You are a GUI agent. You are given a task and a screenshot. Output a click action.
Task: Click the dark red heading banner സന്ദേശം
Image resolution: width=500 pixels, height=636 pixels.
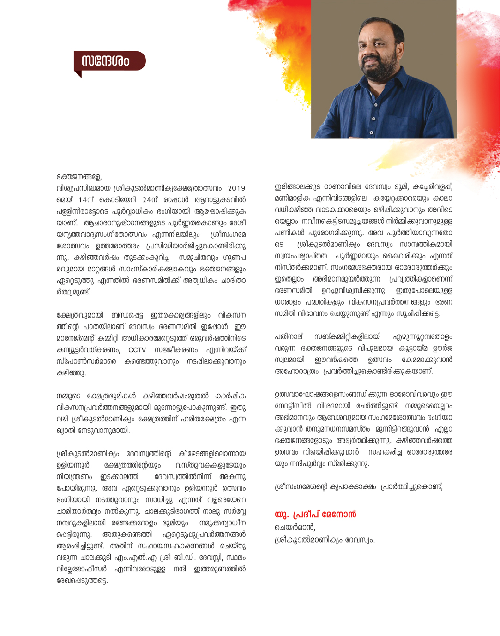pyautogui.click(x=109, y=61)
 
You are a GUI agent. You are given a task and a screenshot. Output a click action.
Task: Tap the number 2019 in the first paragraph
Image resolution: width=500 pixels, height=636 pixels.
pyautogui.click(x=236, y=188)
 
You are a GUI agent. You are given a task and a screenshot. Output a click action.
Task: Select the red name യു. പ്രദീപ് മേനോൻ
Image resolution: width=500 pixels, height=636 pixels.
pyautogui.click(x=315, y=515)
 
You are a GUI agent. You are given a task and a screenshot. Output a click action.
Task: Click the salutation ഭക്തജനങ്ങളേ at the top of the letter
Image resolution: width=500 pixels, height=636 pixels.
pyautogui.click(x=78, y=177)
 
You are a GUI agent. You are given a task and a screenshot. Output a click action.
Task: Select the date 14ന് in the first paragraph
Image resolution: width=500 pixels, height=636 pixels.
pyautogui.click(x=86, y=200)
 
